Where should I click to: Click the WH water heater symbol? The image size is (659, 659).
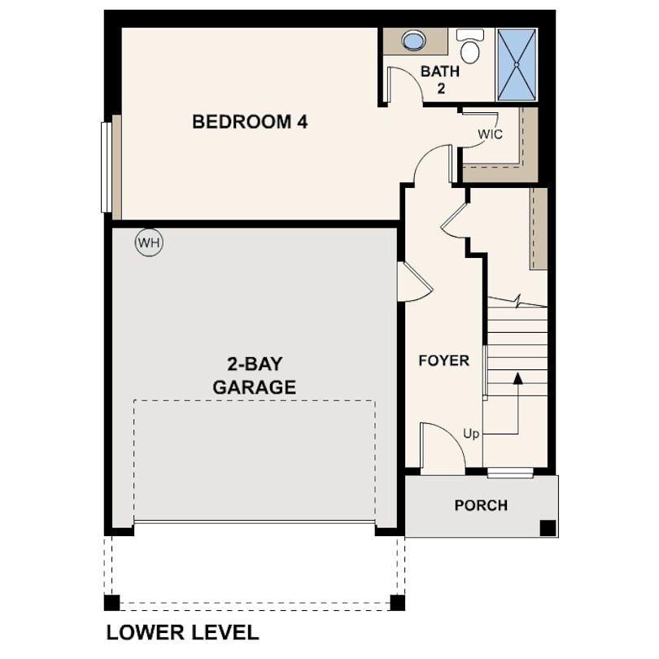pyautogui.click(x=149, y=242)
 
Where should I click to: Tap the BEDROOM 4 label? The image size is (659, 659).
pyautogui.click(x=250, y=122)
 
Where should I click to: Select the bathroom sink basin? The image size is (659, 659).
pyautogui.click(x=413, y=41)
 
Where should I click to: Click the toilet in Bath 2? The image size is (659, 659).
pyautogui.click(x=470, y=46)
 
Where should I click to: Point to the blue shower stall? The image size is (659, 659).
pyautogui.click(x=517, y=65)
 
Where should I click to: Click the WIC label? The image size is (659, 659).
pyautogui.click(x=490, y=134)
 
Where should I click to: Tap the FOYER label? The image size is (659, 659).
pyautogui.click(x=444, y=360)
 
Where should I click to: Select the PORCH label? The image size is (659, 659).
pyautogui.click(x=481, y=505)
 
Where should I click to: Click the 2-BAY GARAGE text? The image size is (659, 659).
pyautogui.click(x=255, y=376)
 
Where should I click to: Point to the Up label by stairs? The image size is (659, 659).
pyautogui.click(x=471, y=434)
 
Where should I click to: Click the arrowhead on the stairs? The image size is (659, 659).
pyautogui.click(x=518, y=378)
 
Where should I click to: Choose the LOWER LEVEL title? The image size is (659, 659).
pyautogui.click(x=182, y=632)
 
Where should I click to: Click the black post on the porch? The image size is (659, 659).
pyautogui.click(x=548, y=528)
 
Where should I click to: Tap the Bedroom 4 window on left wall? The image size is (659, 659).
pyautogui.click(x=107, y=168)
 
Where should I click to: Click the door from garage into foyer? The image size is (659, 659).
pyautogui.click(x=415, y=281)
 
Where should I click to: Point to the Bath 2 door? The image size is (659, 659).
pyautogui.click(x=404, y=84)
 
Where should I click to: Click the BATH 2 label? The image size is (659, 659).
pyautogui.click(x=440, y=80)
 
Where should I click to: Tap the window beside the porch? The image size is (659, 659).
pyautogui.click(x=510, y=474)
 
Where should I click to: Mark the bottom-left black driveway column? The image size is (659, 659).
pyautogui.click(x=111, y=603)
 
